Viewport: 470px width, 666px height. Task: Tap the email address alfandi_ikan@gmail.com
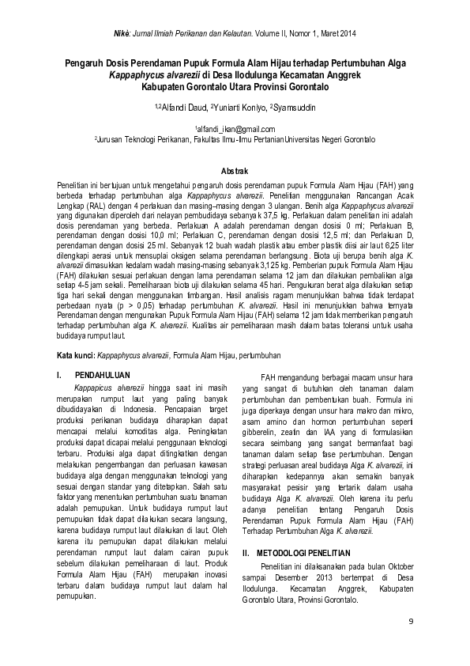[x=235, y=129]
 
